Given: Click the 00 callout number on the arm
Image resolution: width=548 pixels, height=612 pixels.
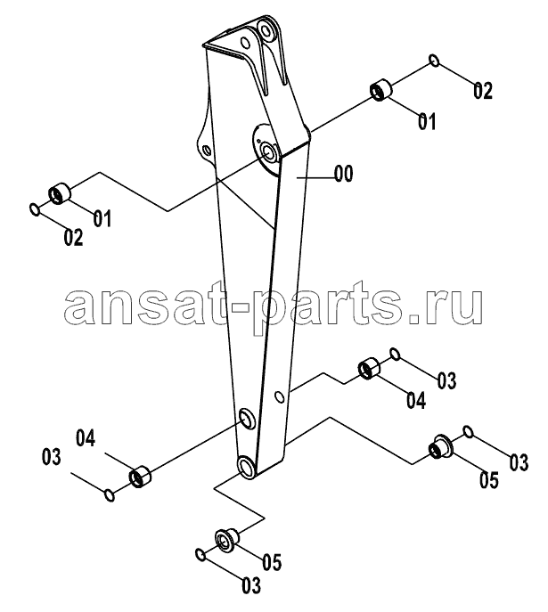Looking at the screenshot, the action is pyautogui.click(x=344, y=174).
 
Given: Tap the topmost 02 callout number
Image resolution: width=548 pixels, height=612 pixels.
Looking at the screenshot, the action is pyautogui.click(x=483, y=91).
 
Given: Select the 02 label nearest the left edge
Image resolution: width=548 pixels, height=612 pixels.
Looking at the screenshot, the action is pyautogui.click(x=74, y=238).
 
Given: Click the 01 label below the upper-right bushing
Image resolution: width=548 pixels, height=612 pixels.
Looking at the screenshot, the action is pyautogui.click(x=427, y=121).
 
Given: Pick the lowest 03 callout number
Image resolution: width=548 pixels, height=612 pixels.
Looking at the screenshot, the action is pyautogui.click(x=251, y=585).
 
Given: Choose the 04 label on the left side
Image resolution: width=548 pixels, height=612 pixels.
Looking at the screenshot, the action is pyautogui.click(x=86, y=438).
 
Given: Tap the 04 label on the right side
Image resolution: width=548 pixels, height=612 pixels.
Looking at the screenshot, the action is pyautogui.click(x=416, y=401).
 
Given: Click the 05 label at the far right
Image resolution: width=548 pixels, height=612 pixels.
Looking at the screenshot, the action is pyautogui.click(x=489, y=479).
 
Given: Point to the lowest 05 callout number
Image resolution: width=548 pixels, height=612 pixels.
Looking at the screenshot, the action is pyautogui.click(x=272, y=562).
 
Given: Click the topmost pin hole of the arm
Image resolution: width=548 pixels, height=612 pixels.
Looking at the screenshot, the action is pyautogui.click(x=266, y=30).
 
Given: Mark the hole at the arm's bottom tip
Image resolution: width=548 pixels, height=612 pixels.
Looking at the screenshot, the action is pyautogui.click(x=247, y=467).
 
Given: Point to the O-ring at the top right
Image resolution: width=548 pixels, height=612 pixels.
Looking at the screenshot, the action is pyautogui.click(x=434, y=61).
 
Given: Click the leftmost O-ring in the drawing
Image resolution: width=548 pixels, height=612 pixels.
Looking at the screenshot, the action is pyautogui.click(x=35, y=209).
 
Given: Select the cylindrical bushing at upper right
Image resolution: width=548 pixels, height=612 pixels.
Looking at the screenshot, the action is pyautogui.click(x=380, y=90).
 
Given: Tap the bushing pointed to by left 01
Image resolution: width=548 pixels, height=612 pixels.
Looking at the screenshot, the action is pyautogui.click(x=60, y=192).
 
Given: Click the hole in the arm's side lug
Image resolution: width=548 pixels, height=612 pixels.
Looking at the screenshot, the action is pyautogui.click(x=207, y=150).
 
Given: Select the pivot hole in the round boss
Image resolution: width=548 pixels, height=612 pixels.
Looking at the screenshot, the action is pyautogui.click(x=268, y=151).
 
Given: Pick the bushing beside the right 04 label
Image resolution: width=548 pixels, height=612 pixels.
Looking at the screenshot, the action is pyautogui.click(x=369, y=368).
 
